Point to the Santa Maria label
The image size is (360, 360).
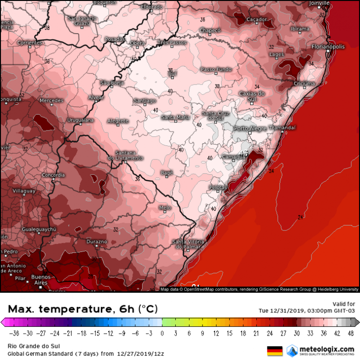click(x=175, y=117)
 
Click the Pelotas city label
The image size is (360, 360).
click(x=218, y=187)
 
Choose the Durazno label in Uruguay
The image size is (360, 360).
click(x=97, y=241)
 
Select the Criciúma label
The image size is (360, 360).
click(x=304, y=84)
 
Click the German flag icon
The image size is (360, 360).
click(x=274, y=350)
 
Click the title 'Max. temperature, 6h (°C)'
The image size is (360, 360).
click(x=83, y=309)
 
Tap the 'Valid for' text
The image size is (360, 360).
click(x=344, y=303)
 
